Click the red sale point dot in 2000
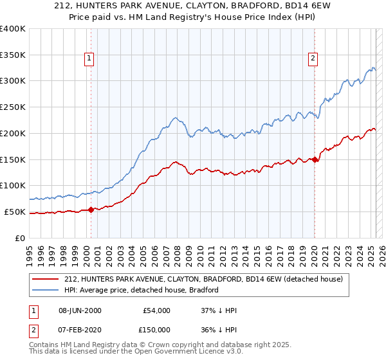pyautogui.click(x=91, y=209)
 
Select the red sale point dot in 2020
pyautogui.click(x=315, y=160)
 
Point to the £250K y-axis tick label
pyautogui.click(x=13, y=107)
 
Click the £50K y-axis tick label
pyautogui.click(x=15, y=212)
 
